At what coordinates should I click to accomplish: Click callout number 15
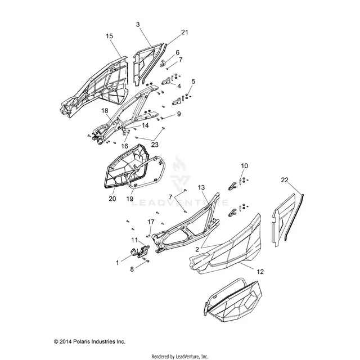coord(110,36)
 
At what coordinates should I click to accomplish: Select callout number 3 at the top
coord(138,24)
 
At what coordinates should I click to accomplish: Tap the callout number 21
coord(184,33)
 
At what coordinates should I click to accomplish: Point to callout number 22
coord(285,180)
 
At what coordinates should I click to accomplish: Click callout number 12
coord(260,272)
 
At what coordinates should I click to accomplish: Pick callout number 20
coord(112,199)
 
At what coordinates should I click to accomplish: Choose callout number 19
coord(130,199)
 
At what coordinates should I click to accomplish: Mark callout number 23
coord(155,145)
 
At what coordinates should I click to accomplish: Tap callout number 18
coord(105,111)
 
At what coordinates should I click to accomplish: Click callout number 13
coord(201,187)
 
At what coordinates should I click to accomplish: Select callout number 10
coord(245,166)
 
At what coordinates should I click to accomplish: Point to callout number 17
coord(151,222)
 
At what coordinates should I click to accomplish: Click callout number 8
coord(132,269)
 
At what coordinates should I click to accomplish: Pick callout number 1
coord(118,263)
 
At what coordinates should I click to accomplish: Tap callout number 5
coord(193,81)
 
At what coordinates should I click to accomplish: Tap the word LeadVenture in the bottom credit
coord(186,357)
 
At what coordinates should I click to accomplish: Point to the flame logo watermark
coord(179,164)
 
